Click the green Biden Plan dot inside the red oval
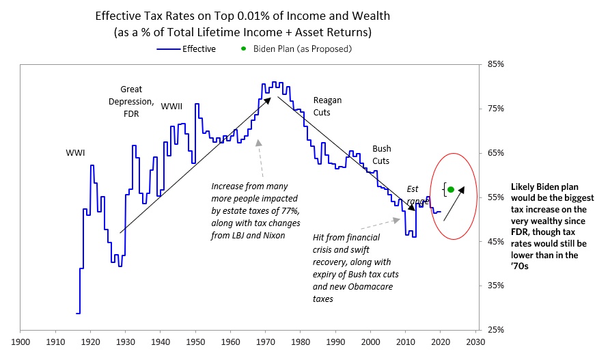click(451, 189)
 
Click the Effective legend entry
click(199, 49)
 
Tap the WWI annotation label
click(75, 152)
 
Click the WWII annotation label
click(172, 106)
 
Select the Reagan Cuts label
click(327, 105)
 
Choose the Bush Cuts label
click(381, 154)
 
